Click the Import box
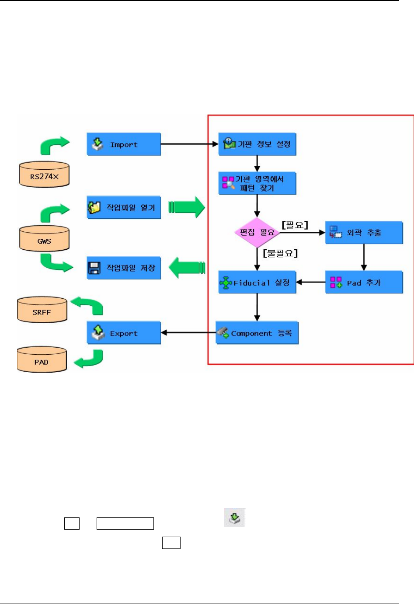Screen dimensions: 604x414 coord(124,144)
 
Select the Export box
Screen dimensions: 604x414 coord(124,333)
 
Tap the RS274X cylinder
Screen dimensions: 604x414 coord(44,175)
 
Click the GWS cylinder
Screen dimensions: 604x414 coord(44,239)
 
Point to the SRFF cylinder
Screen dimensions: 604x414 coord(42,311)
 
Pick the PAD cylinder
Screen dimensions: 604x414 coord(42,360)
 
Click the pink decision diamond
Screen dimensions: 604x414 coord(257,232)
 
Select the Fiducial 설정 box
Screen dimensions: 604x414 coord(257,283)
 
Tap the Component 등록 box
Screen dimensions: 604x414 coord(257,333)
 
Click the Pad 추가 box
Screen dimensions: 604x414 coord(364,283)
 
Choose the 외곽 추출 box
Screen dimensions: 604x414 coord(364,233)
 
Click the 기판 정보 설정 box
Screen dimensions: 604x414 coord(257,144)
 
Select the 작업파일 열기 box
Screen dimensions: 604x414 coord(124,207)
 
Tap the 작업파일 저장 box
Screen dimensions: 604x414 coord(124,268)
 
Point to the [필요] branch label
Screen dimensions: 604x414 coord(295,225)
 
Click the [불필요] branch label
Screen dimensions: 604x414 coord(280,253)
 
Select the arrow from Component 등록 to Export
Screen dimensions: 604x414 coord(188,333)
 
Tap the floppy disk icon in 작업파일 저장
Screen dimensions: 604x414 coord(94,268)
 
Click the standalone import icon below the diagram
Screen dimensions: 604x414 coord(234,517)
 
